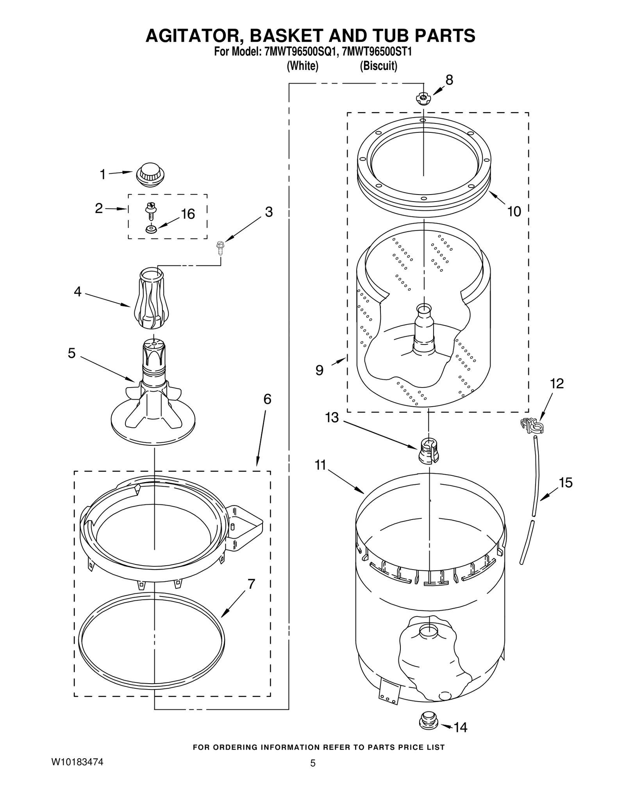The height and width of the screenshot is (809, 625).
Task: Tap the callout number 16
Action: click(x=188, y=214)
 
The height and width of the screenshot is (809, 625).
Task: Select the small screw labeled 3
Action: click(x=220, y=248)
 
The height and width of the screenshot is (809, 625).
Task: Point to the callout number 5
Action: click(x=71, y=353)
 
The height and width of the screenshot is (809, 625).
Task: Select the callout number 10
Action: click(x=514, y=211)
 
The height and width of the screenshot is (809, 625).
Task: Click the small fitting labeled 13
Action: click(x=428, y=451)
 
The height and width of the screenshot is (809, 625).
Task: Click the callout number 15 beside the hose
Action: click(x=566, y=483)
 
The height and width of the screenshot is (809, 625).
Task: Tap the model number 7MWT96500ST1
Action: click(x=377, y=52)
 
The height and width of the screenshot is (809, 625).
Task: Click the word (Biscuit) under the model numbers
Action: click(x=378, y=66)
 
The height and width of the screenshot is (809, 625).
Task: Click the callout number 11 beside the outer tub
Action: click(x=320, y=465)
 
